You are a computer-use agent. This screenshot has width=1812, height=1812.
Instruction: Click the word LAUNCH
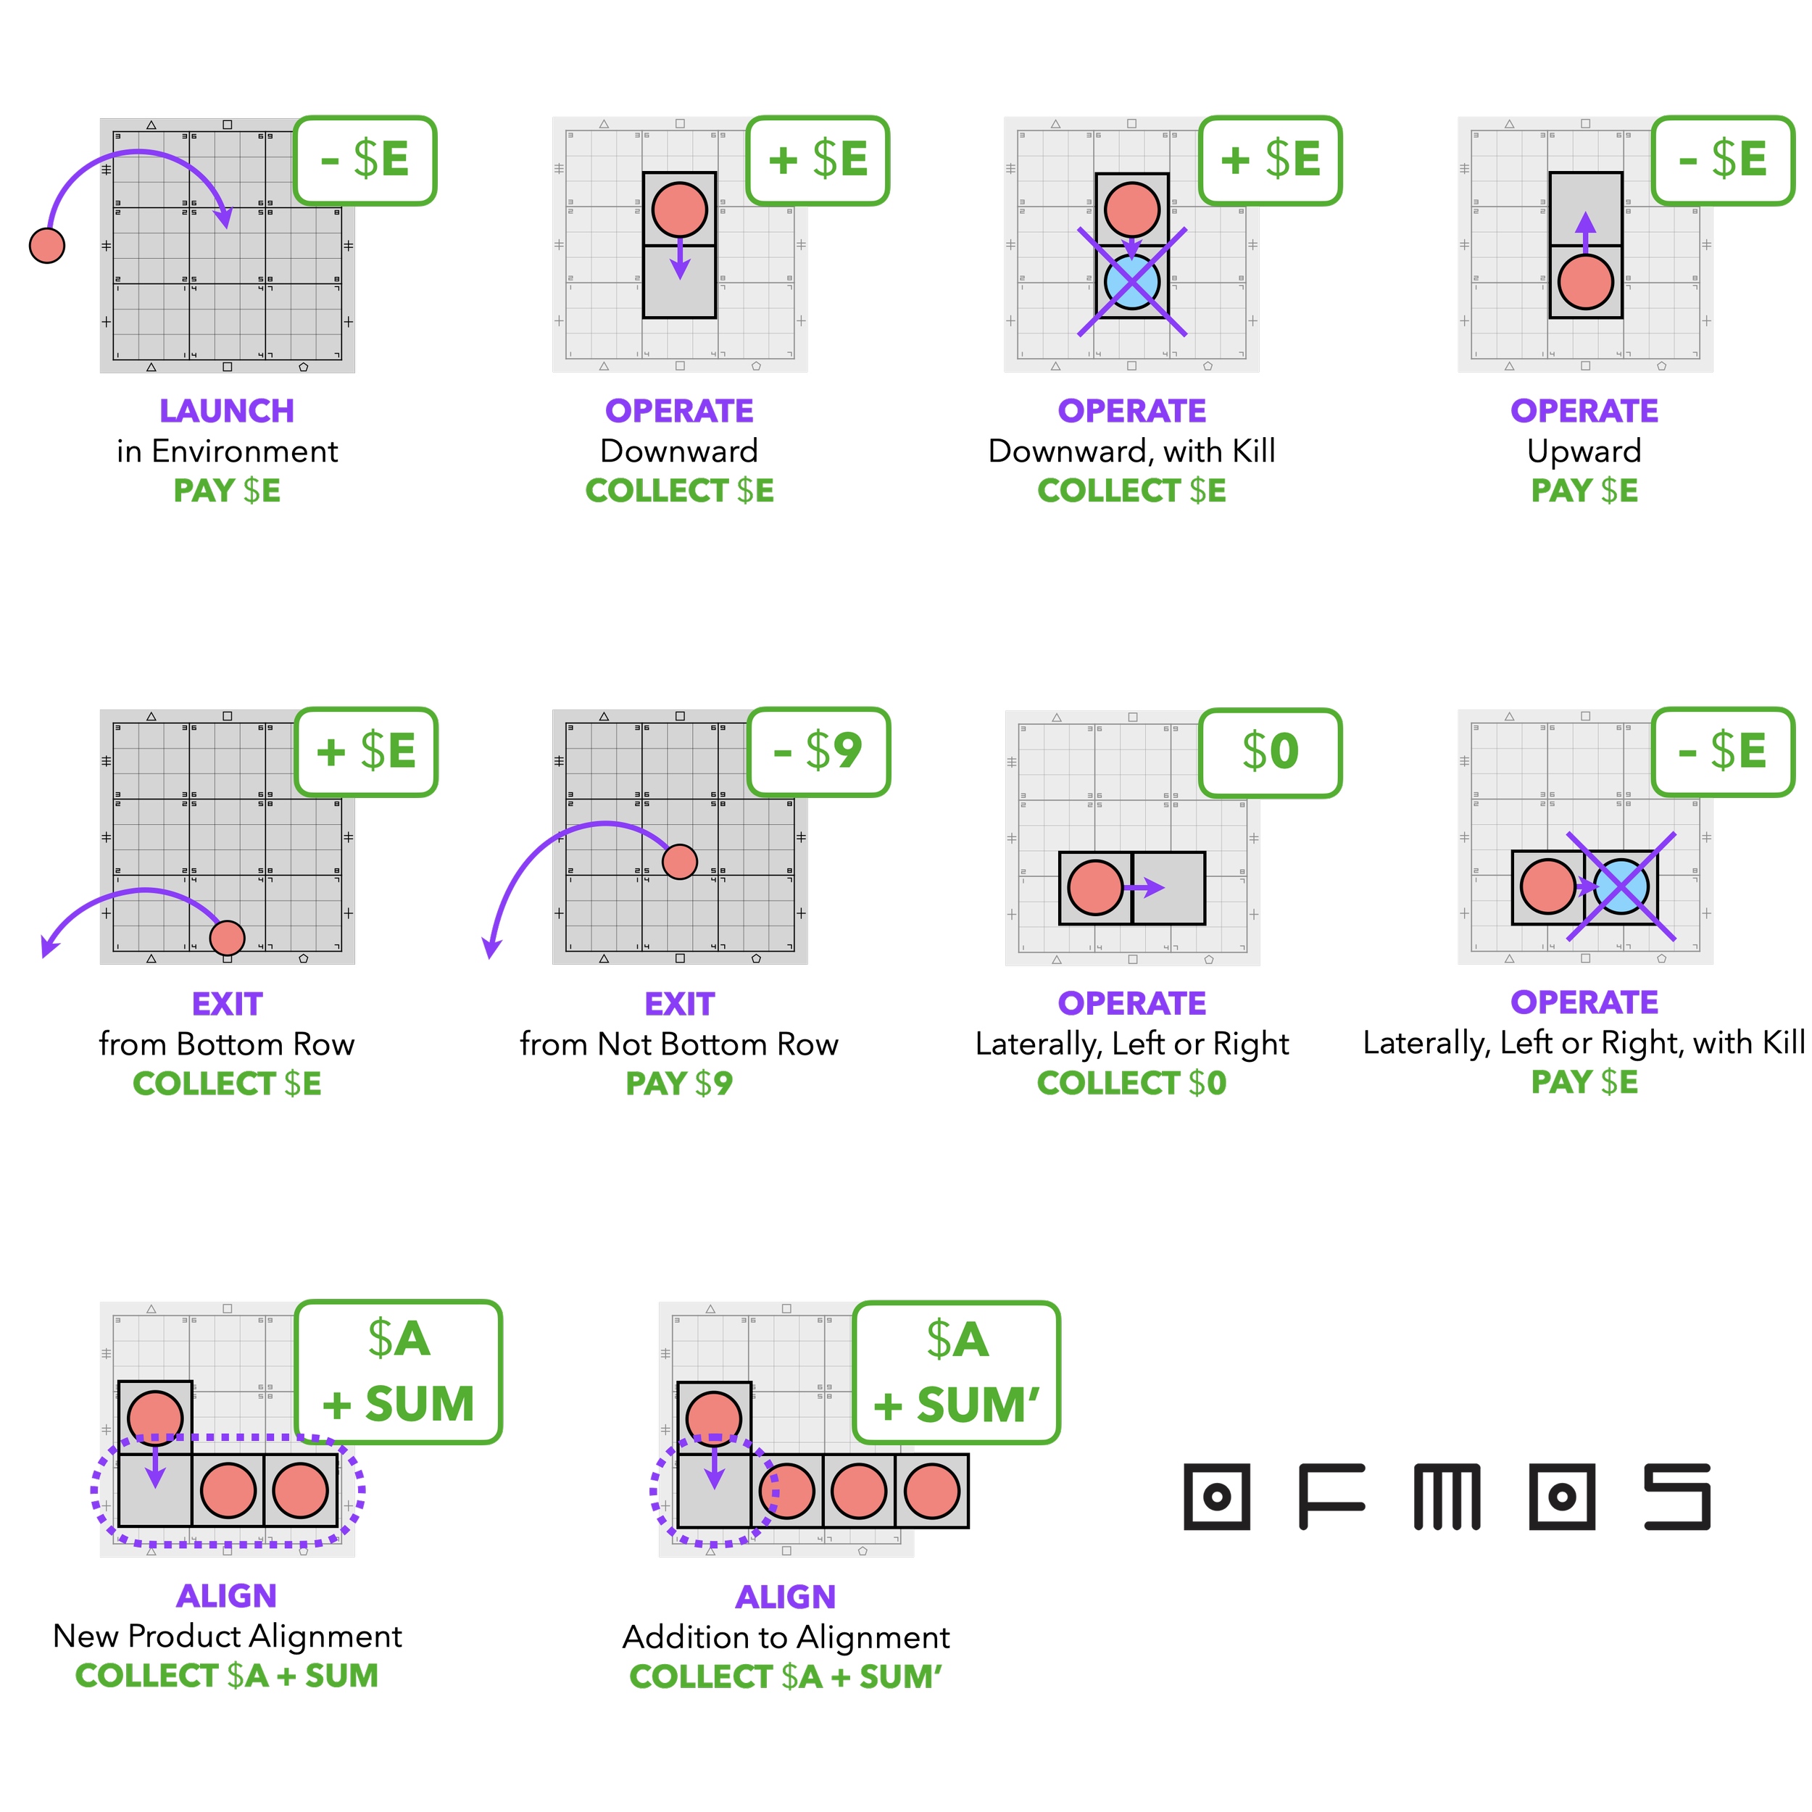[226, 411]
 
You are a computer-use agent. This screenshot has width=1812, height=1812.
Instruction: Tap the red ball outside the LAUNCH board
[47, 245]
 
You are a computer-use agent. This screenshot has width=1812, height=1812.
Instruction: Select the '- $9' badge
[818, 751]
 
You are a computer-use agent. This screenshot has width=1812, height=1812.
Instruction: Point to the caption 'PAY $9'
[679, 1084]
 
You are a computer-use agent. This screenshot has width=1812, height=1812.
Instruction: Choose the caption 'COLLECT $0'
[1131, 1084]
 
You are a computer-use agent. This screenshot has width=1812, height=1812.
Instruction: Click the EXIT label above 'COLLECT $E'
[227, 1005]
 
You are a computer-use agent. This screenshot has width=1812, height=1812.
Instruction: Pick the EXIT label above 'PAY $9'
[679, 1005]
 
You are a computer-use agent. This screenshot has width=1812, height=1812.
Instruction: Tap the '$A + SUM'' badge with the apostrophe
[956, 1372]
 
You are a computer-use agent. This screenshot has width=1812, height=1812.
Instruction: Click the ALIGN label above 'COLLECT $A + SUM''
[785, 1596]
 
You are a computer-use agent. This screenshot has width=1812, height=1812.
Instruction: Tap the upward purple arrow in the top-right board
[1585, 230]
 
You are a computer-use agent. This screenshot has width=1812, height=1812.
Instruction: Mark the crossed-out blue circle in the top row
[1132, 281]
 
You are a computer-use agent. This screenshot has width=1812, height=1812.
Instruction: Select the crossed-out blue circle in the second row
[1621, 886]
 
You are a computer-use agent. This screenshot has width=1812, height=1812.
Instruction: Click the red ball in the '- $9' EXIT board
[679, 861]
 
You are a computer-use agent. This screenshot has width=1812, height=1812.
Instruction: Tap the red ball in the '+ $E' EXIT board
[227, 937]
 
